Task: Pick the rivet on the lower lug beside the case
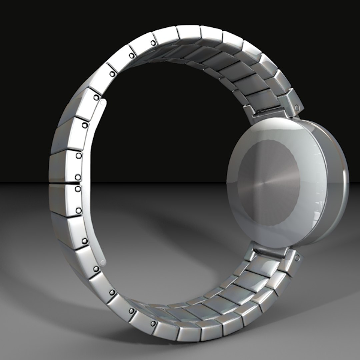pyautogui.click(x=297, y=257)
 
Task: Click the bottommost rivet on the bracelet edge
pyautogui.click(x=153, y=324)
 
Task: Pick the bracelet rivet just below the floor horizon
pyautogui.click(x=78, y=189)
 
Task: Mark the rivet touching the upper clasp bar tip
pyautogui.click(x=96, y=97)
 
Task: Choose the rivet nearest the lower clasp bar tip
pyautogui.click(x=96, y=269)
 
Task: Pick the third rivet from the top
pyautogui.click(x=112, y=74)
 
